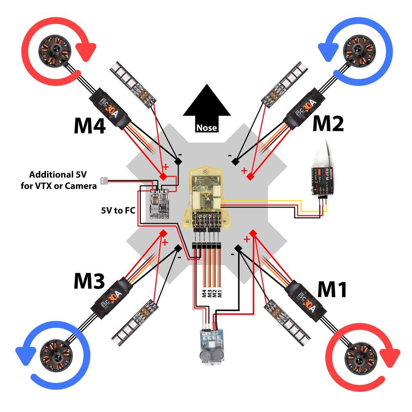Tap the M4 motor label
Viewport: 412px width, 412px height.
click(x=89, y=125)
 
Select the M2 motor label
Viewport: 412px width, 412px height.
click(x=328, y=124)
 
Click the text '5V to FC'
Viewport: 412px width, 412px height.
click(x=117, y=210)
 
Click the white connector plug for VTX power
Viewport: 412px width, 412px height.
click(x=103, y=181)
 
